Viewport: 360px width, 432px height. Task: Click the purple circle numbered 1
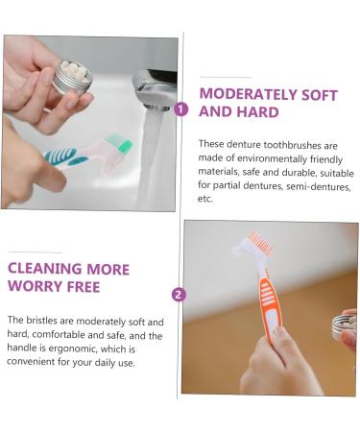point(180,108)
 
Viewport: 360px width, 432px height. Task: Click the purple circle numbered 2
point(179,295)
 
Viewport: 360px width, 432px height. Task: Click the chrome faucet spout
point(154,91)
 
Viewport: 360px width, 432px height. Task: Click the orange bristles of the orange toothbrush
point(261,244)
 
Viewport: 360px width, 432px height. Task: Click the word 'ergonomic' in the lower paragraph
point(82,350)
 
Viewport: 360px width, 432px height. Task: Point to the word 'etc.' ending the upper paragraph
point(205,200)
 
